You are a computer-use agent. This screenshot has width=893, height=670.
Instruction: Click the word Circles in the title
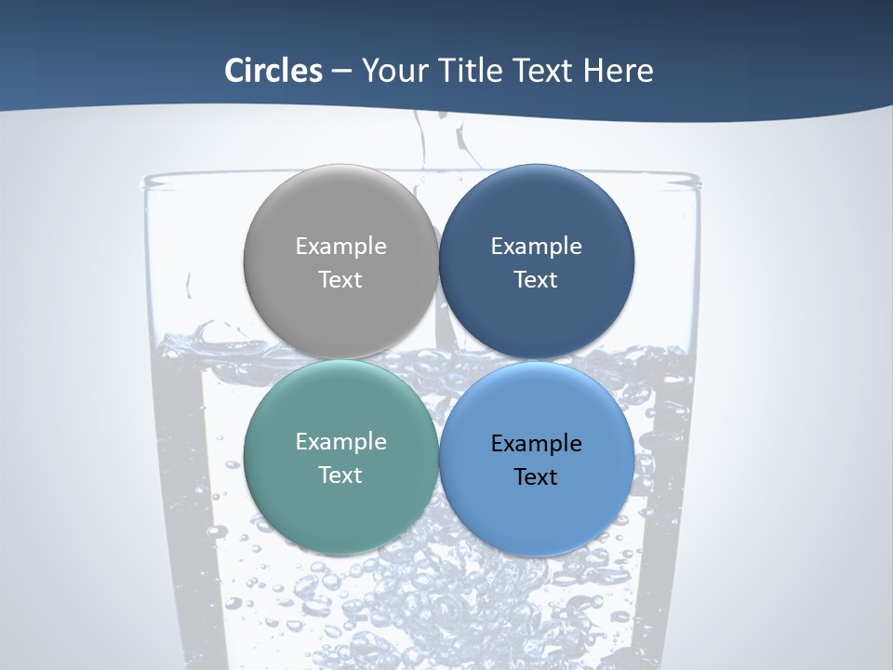[273, 71]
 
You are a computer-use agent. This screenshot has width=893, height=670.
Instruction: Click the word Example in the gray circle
[340, 247]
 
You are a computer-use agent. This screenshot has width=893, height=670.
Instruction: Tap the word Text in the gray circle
[340, 279]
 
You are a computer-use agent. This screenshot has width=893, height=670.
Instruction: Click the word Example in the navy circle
[536, 247]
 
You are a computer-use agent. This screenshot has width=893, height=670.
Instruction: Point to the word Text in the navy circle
[536, 279]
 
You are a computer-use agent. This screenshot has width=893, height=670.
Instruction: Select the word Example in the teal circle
[340, 442]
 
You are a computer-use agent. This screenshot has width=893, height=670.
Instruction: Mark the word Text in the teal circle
[340, 475]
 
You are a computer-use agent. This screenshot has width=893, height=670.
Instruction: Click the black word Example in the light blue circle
[536, 444]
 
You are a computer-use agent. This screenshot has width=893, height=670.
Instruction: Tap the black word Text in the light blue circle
[536, 476]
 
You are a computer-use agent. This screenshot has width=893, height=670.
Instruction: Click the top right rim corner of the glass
[698, 180]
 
